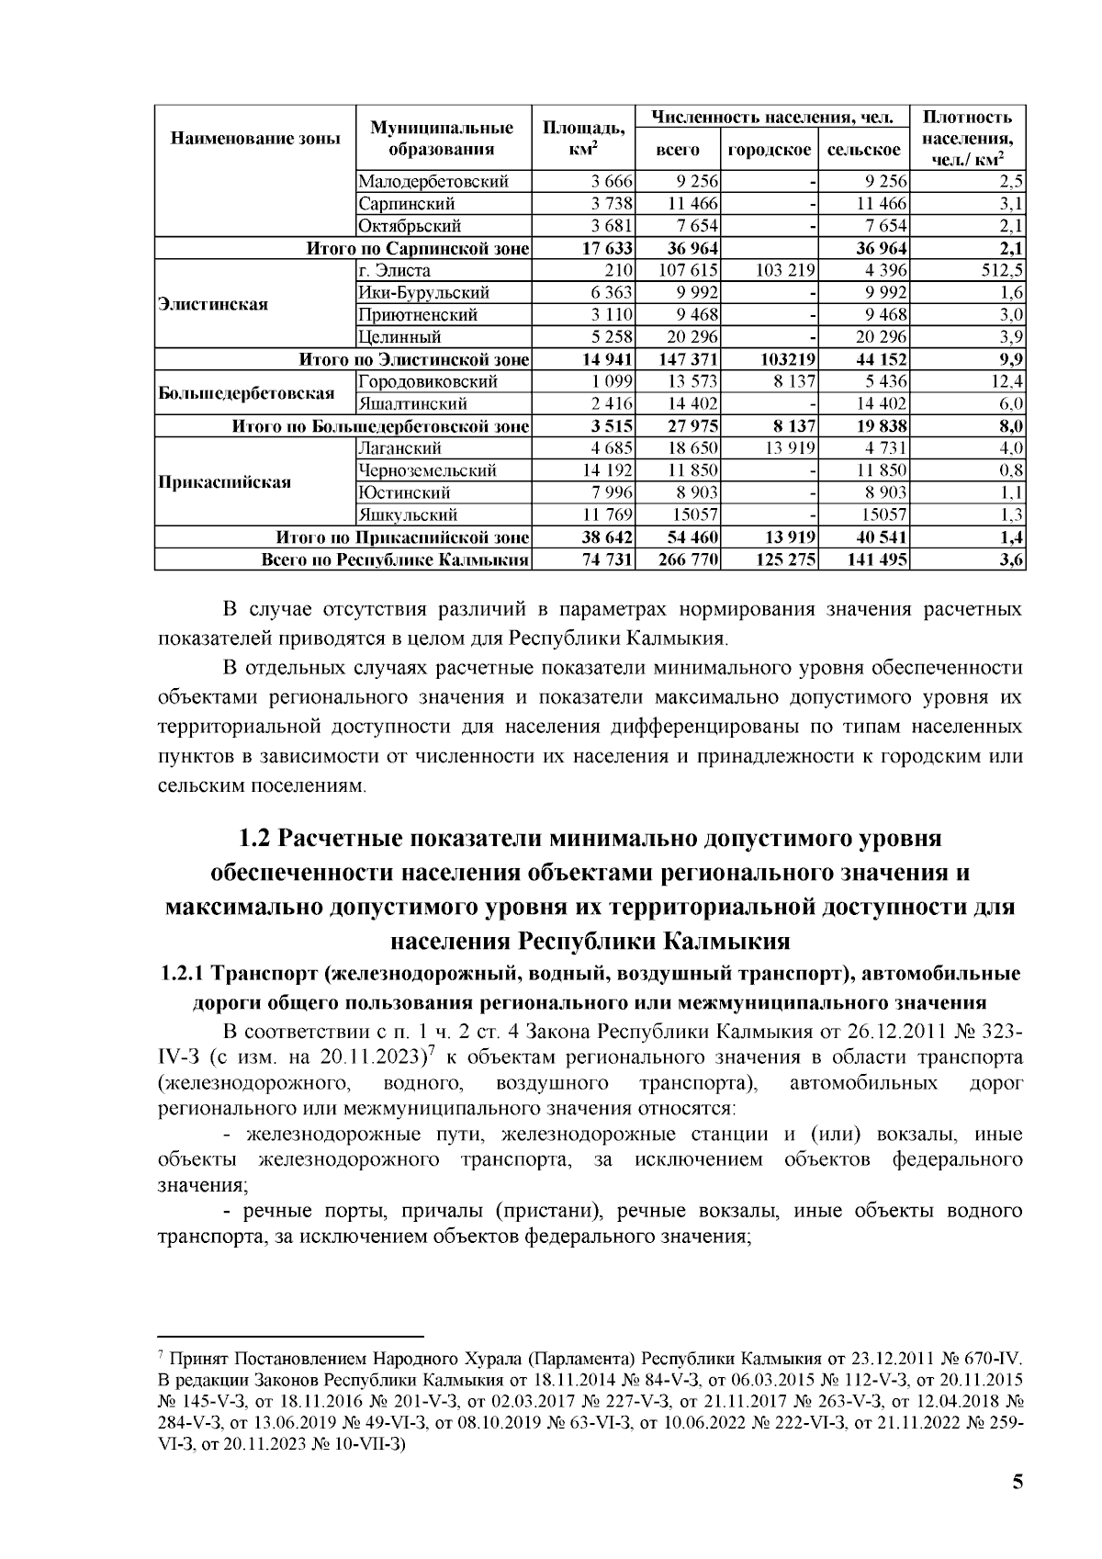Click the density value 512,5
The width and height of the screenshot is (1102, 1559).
1002,271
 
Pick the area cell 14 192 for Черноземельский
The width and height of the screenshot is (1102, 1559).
611,471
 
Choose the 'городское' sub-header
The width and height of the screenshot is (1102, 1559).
770,150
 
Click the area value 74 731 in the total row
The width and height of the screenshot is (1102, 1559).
609,560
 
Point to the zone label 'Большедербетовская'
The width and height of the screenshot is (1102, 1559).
246,393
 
